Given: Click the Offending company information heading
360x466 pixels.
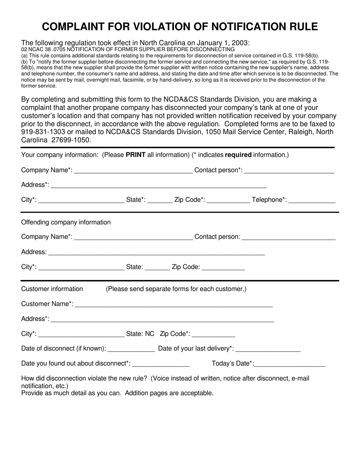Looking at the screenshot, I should (66, 222).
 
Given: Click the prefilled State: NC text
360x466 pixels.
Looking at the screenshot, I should (140, 334).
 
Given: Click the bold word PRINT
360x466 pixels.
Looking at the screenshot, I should (136, 155).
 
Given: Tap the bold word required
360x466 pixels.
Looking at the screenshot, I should (238, 155).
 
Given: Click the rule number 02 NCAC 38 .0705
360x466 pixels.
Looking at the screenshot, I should (43, 49).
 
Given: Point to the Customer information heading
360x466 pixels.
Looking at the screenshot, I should (52, 289).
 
